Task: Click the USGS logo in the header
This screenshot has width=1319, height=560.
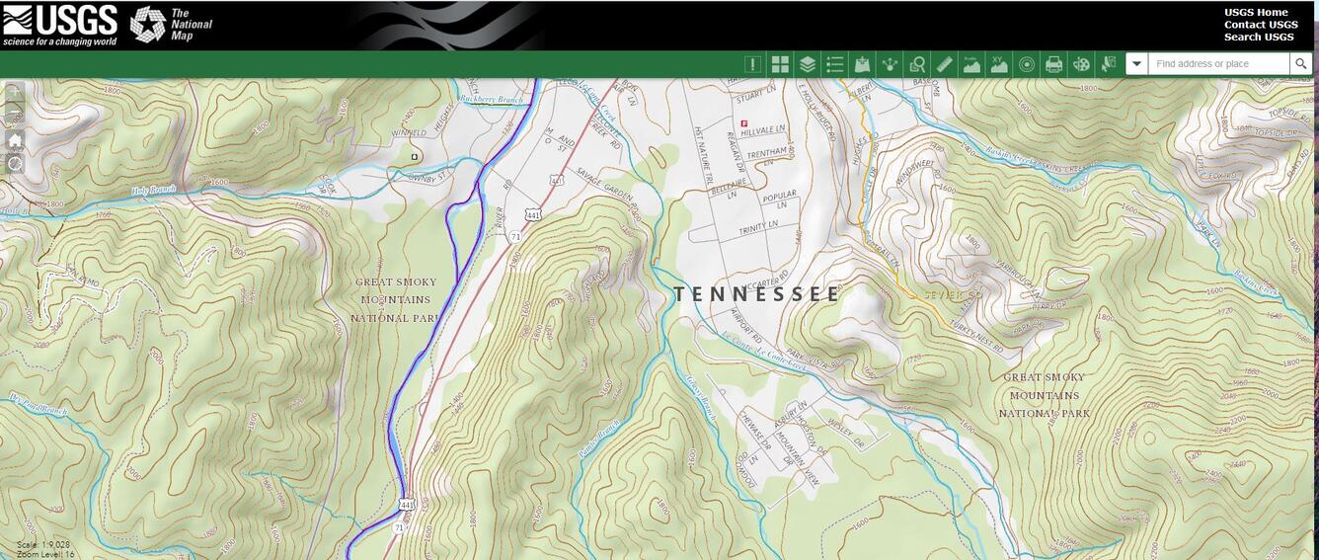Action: (59, 25)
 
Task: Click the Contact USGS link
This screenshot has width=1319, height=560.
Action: (1261, 25)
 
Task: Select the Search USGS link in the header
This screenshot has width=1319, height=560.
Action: (1259, 38)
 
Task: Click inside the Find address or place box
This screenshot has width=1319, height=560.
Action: (1217, 64)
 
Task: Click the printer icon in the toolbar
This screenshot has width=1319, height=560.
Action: (1053, 64)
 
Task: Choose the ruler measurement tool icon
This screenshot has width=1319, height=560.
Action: (944, 64)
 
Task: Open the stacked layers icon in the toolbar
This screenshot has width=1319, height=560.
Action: (808, 64)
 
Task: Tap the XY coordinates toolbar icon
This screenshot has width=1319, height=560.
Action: (999, 64)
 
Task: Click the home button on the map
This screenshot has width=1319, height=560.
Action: (15, 140)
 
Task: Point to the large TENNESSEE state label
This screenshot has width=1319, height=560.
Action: (757, 293)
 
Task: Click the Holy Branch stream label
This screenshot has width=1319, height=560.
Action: (154, 190)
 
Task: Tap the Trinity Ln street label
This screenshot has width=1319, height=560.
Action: (758, 228)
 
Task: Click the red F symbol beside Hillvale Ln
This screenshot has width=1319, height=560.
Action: (743, 122)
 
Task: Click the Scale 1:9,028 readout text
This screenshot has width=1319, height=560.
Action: (43, 544)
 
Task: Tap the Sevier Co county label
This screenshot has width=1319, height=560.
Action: (953, 295)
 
